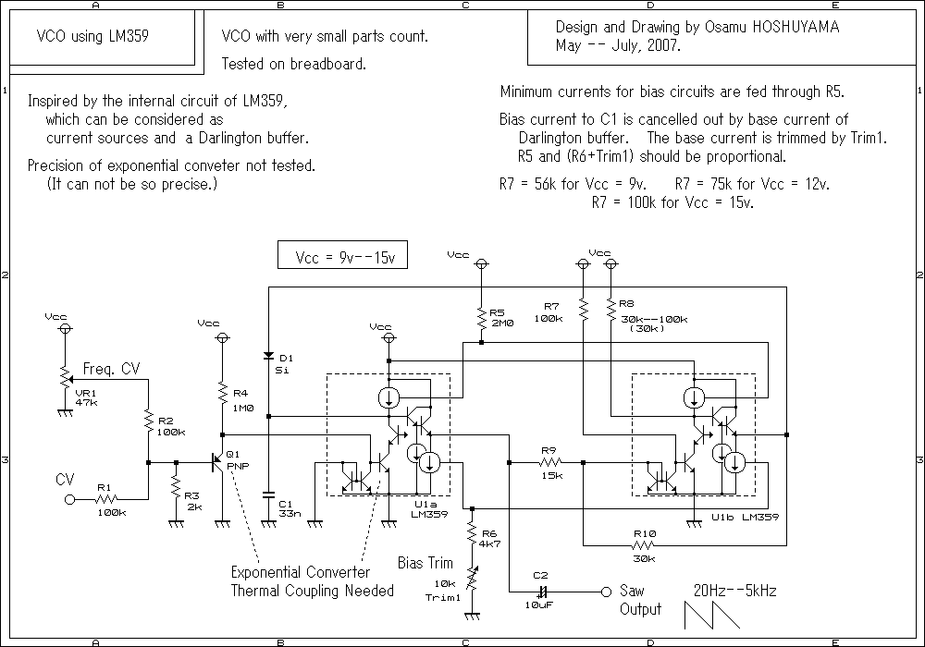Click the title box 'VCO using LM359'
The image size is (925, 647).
pos(92,37)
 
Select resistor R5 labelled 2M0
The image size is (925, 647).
pos(481,319)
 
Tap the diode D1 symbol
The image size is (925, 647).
pos(268,356)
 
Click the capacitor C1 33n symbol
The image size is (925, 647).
pos(268,492)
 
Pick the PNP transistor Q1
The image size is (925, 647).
pos(219,461)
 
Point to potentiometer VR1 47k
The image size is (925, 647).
pos(65,376)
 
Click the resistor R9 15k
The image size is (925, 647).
pos(552,461)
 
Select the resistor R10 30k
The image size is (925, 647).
pos(644,545)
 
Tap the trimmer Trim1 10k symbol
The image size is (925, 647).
pos(472,585)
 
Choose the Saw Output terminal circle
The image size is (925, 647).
pos(606,592)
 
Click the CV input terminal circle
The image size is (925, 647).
pos(69,499)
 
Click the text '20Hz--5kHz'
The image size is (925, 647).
pos(735,590)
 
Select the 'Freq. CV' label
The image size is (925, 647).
pos(111,368)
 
